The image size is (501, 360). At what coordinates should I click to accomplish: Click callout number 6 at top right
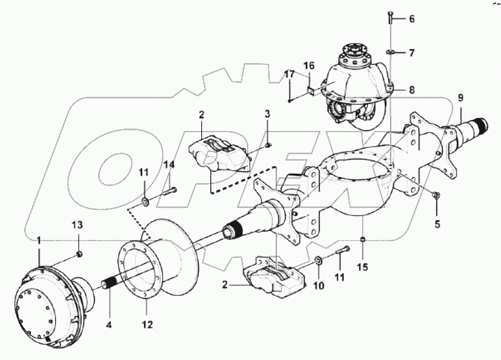coord(411,19)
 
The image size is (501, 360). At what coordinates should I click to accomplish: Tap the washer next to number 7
coord(391,51)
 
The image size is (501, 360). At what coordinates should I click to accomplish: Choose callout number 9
coord(460,98)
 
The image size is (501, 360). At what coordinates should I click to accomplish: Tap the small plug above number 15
coord(363,239)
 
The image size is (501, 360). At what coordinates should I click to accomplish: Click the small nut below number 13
coord(77,252)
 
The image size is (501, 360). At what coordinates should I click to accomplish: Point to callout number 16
coord(309,66)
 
